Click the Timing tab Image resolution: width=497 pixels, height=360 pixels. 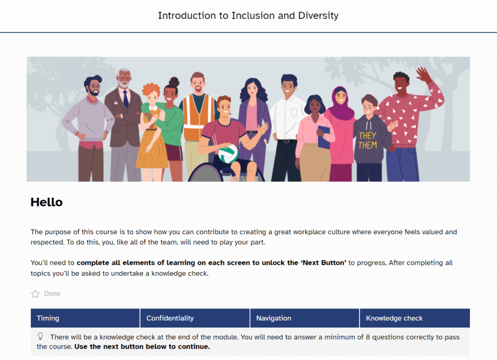point(85,318)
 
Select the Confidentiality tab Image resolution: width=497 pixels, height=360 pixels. point(195,318)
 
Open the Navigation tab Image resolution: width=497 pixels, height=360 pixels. point(305,318)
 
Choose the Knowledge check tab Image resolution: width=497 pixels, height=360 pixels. point(414,318)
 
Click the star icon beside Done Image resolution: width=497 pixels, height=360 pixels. point(35,294)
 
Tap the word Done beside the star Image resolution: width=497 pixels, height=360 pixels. point(52,294)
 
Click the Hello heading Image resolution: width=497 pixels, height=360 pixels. point(47,202)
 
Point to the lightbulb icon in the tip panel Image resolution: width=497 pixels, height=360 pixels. point(40,336)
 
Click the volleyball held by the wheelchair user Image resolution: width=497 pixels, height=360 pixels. point(228,154)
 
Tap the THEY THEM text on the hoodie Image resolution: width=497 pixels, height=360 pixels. point(368,140)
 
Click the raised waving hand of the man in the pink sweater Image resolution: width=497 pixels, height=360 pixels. point(424,75)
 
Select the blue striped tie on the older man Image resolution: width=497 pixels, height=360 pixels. point(126,99)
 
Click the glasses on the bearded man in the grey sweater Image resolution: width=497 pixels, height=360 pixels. point(95,86)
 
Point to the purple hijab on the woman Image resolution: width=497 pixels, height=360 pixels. point(340,104)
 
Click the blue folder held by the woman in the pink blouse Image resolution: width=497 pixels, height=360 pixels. point(324,137)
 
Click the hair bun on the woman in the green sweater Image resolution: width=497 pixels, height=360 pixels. point(174,82)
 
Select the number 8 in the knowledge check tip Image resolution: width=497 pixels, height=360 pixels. point(368,337)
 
